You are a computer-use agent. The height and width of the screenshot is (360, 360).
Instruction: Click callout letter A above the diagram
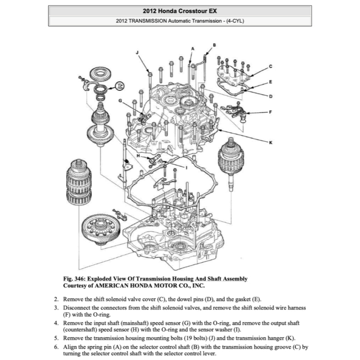point(193,48)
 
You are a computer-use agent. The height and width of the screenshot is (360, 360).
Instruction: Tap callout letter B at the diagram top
point(214,44)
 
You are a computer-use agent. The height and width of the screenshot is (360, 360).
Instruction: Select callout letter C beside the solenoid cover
point(270,66)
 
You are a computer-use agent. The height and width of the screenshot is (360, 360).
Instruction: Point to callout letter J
point(137,52)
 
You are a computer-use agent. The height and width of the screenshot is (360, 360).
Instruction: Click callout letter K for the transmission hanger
point(270,142)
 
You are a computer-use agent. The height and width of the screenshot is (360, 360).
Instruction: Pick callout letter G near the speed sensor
point(120,101)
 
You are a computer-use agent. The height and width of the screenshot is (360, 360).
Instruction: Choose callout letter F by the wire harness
point(270,112)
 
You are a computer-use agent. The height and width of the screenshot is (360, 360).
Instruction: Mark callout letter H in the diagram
point(138,156)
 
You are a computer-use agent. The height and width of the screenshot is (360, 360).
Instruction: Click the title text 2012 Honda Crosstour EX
point(180,11)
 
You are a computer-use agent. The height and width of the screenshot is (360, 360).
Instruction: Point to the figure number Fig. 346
point(73,279)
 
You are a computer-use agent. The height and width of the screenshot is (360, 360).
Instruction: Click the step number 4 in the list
point(56,322)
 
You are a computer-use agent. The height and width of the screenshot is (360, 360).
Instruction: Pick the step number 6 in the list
point(56,347)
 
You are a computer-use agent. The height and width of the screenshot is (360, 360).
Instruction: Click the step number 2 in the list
point(56,299)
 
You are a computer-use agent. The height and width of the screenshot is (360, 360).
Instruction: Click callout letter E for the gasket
point(270,82)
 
